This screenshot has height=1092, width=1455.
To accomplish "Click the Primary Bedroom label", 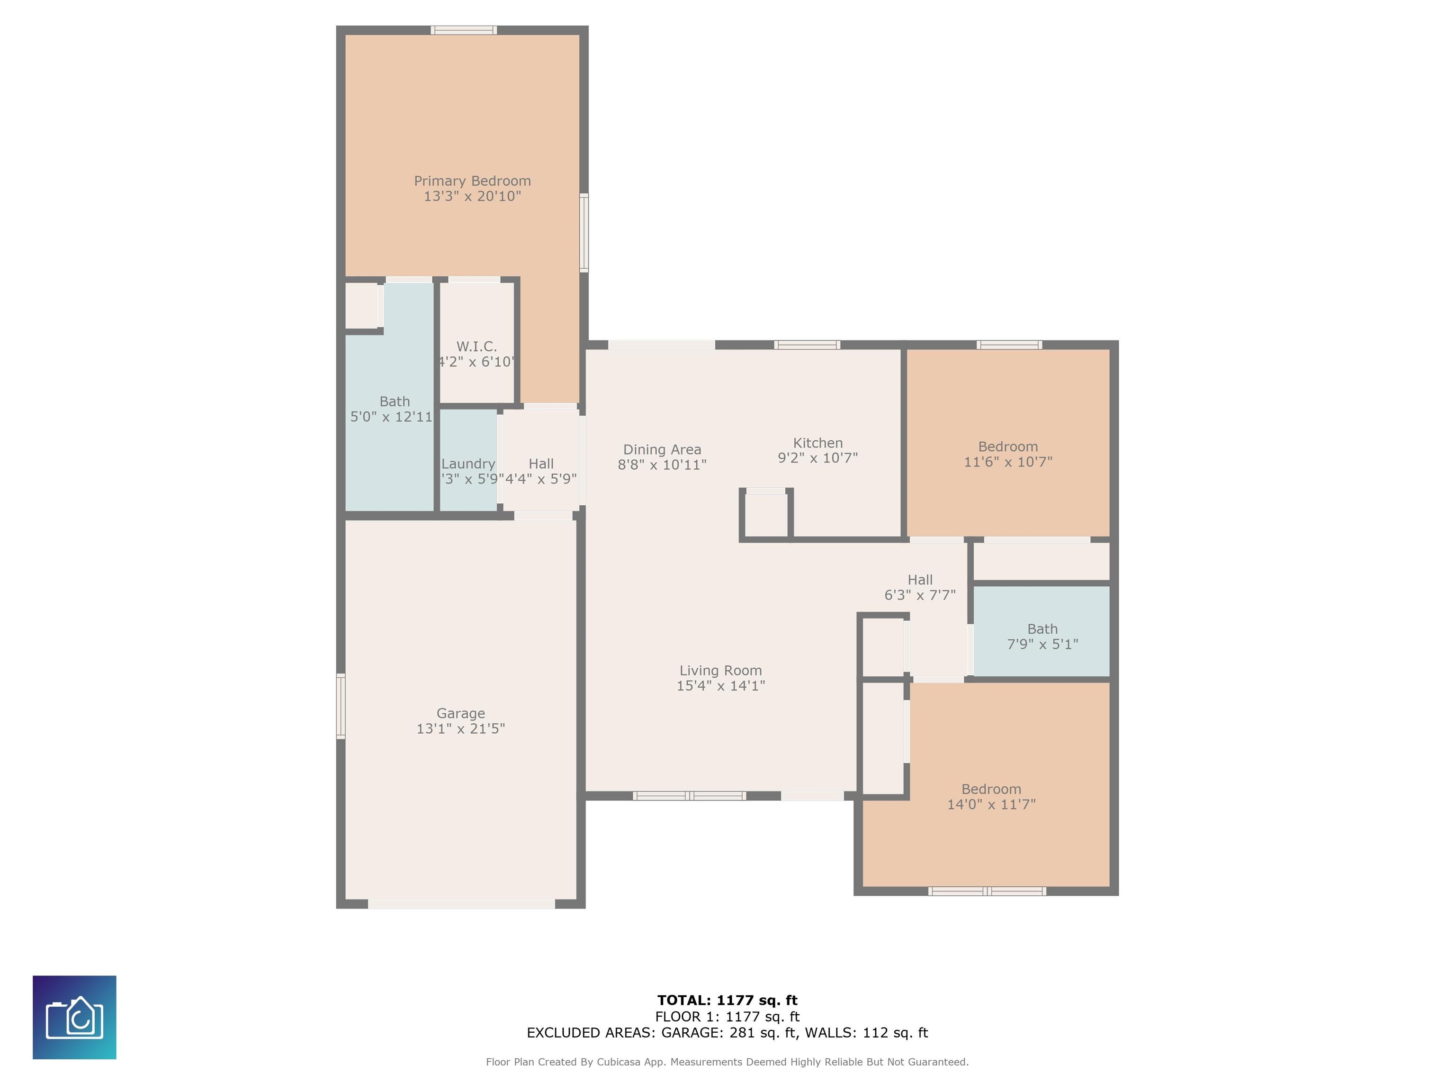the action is pyautogui.click(x=472, y=181).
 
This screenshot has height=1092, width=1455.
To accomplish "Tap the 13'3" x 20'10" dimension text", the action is pyautogui.click(x=472, y=196).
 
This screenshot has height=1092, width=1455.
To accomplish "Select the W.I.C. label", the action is pyautogui.click(x=476, y=346).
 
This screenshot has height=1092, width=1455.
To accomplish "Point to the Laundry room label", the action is pyautogui.click(x=468, y=464).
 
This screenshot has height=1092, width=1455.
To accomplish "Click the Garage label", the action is pyautogui.click(x=460, y=713).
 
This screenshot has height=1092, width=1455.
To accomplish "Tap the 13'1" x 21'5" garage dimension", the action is pyautogui.click(x=460, y=728).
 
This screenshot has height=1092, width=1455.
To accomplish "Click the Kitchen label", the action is pyautogui.click(x=817, y=443).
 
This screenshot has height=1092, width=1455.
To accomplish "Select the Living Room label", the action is pyautogui.click(x=720, y=671).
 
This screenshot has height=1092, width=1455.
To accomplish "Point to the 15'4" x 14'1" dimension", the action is pyautogui.click(x=720, y=686).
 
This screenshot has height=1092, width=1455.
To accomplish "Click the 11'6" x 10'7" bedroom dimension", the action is pyautogui.click(x=1008, y=462).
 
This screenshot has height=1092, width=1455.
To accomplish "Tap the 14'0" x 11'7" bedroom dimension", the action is pyautogui.click(x=991, y=804).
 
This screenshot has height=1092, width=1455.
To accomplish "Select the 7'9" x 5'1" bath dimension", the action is pyautogui.click(x=1042, y=645).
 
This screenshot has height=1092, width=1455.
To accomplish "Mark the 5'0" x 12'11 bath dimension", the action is pyautogui.click(x=391, y=417).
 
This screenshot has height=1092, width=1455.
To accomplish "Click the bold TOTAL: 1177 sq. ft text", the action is pyautogui.click(x=727, y=1001).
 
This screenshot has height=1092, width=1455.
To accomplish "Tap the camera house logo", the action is pyautogui.click(x=74, y=1018).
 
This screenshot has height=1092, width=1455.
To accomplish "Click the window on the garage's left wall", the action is pyautogui.click(x=341, y=706).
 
